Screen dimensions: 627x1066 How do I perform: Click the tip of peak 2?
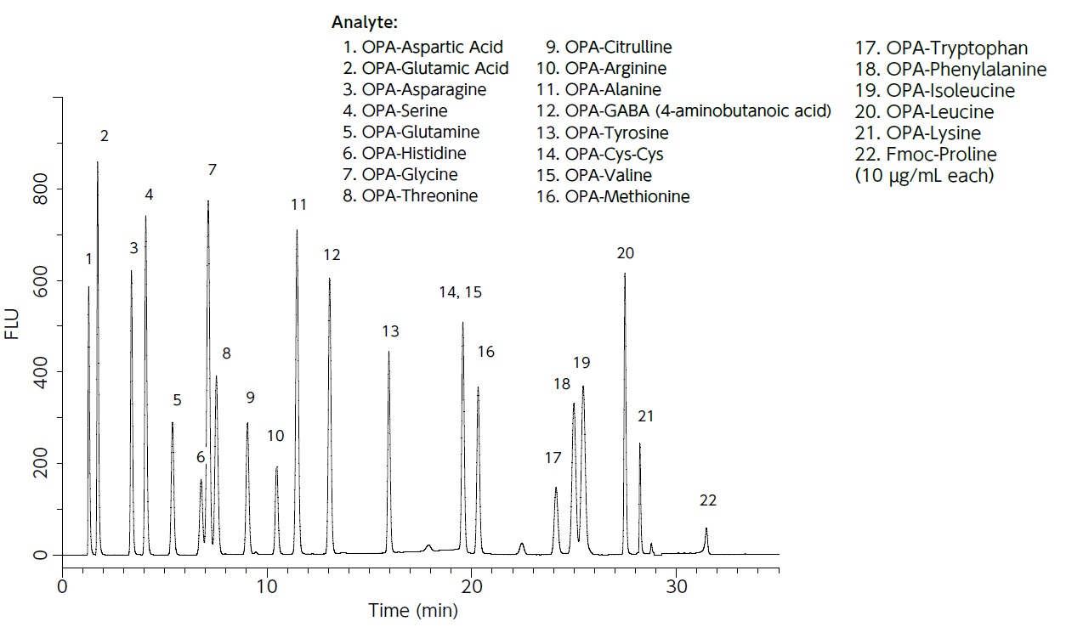tap(98, 162)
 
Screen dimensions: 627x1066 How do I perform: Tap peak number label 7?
tap(212, 170)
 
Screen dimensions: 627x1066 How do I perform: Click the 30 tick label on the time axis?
tap(678, 586)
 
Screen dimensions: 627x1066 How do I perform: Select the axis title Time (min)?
tap(412, 610)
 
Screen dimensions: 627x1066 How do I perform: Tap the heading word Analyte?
tap(365, 21)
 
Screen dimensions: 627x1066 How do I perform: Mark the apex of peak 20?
tap(625, 274)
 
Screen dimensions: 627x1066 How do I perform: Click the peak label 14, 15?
tap(460, 292)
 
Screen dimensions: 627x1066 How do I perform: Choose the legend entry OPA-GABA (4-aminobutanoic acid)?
tap(683, 111)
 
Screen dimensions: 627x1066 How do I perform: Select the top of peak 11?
tap(297, 230)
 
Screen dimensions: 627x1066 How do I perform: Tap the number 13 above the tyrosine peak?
tap(390, 331)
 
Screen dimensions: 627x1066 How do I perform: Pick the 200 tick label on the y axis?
tap(40, 464)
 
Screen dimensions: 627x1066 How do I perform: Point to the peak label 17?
tap(553, 458)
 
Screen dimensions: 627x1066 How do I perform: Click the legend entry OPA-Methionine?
tap(613, 197)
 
